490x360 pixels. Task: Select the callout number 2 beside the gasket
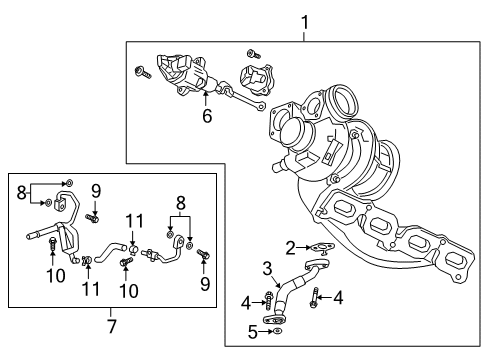tap(290, 247)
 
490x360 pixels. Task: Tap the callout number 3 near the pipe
tap(267, 267)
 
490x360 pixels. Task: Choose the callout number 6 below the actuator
tap(206, 116)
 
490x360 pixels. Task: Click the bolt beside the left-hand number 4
tap(269, 301)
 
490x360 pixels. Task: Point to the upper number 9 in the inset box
tap(97, 190)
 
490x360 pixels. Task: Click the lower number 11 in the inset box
tap(91, 290)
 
